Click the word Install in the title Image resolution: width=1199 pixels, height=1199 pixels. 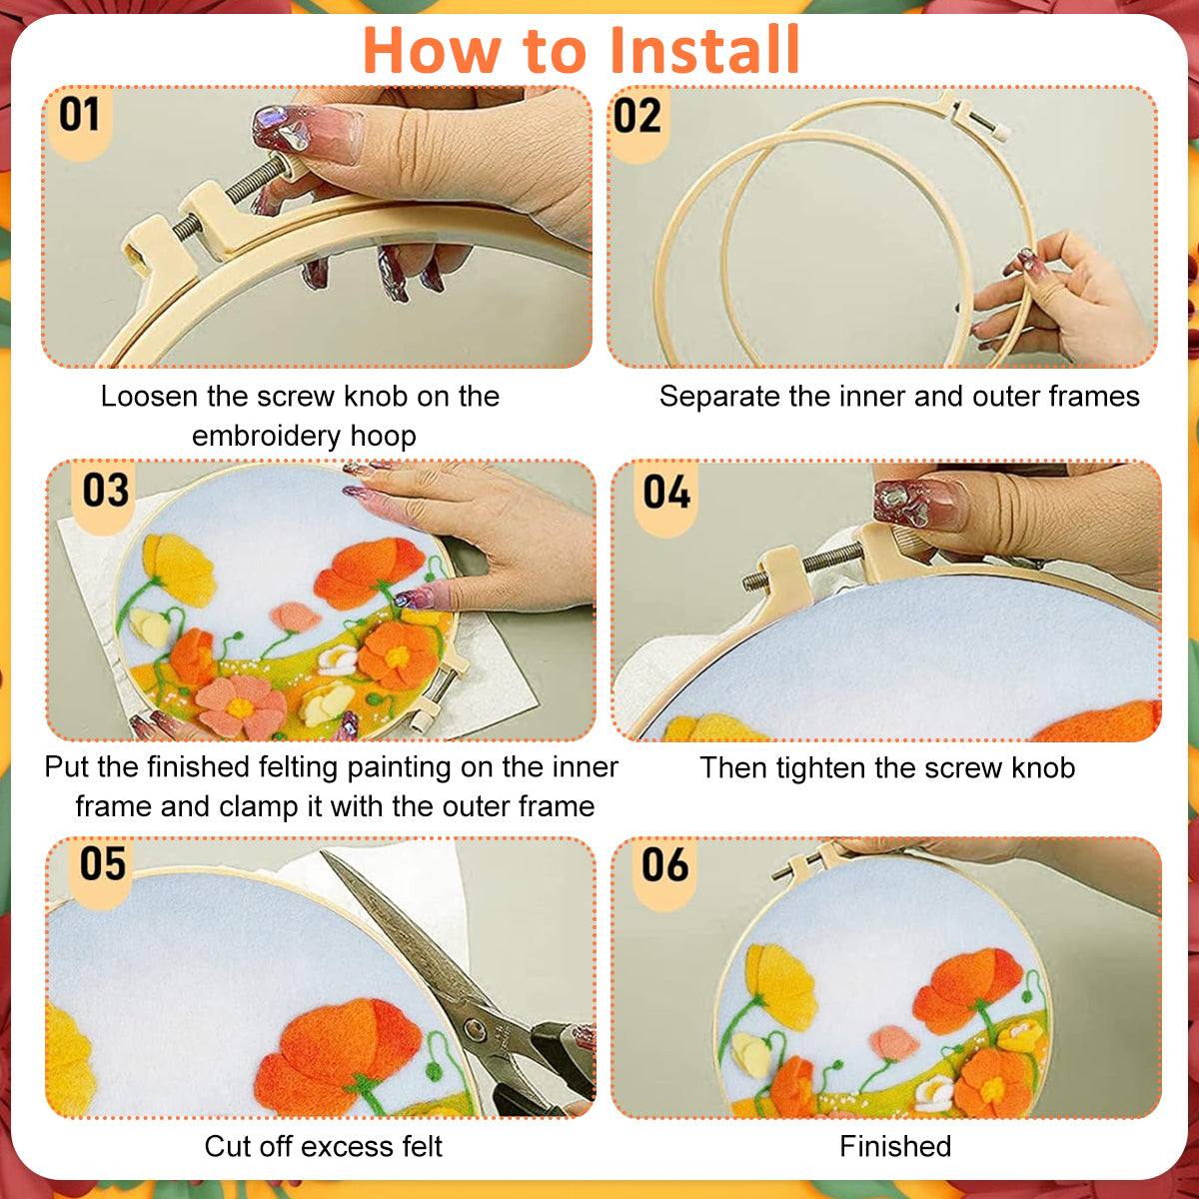click(705, 50)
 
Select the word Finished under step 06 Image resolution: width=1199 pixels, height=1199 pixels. click(895, 1146)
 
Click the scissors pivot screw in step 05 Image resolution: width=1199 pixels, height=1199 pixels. click(475, 1027)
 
